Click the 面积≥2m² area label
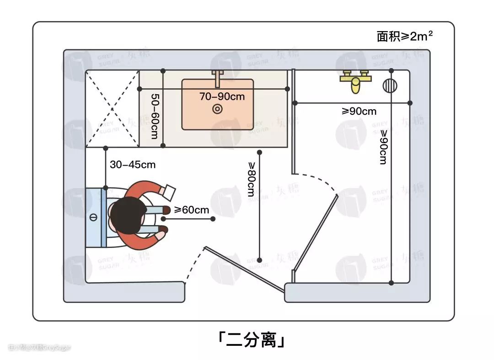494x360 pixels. (405, 37)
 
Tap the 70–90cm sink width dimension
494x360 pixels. (222, 97)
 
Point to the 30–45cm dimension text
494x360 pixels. (133, 165)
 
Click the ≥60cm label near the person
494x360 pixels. (191, 210)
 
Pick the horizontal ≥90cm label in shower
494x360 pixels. (359, 111)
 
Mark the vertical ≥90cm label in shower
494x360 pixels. (383, 147)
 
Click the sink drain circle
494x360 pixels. (217, 109)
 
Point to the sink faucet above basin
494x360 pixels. (218, 78)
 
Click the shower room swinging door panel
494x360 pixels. (316, 231)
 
